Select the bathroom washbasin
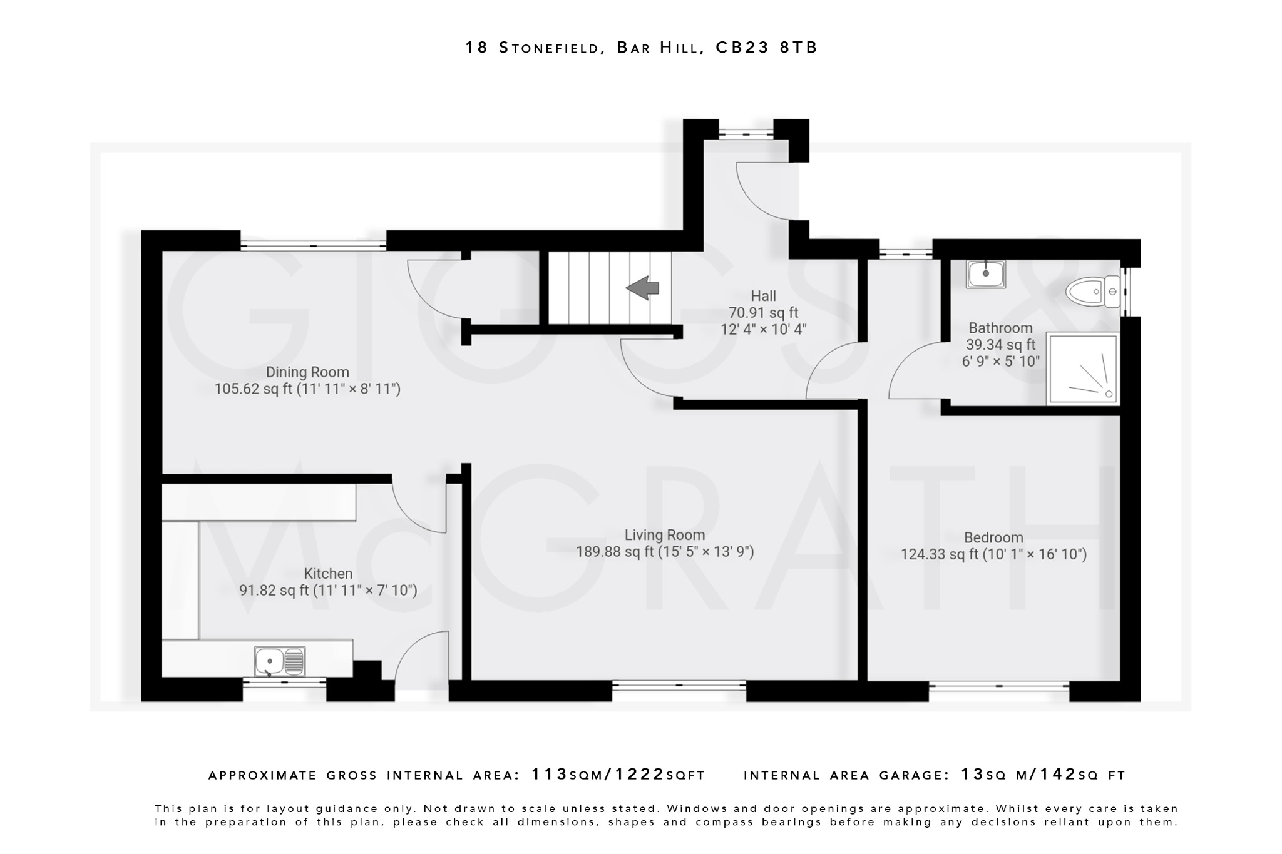pyautogui.click(x=985, y=274)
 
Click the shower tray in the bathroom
pyautogui.click(x=1082, y=369)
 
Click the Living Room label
pyautogui.click(x=664, y=535)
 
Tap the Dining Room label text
pyautogui.click(x=307, y=372)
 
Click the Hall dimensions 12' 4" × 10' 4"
pyautogui.click(x=763, y=329)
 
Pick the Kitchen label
pyautogui.click(x=328, y=574)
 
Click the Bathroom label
pyautogui.click(x=1000, y=328)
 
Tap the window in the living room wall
pyautogui.click(x=679, y=686)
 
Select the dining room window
pyautogui.click(x=313, y=245)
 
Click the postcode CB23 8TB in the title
pyautogui.click(x=766, y=48)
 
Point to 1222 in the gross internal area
pyautogui.click(x=639, y=775)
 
